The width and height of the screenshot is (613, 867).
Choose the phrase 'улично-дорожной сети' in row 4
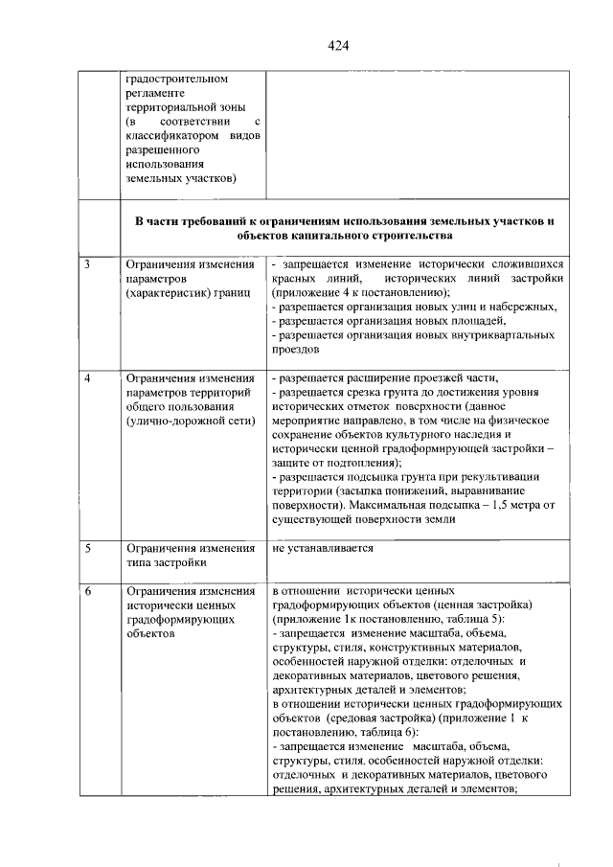[188, 421]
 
